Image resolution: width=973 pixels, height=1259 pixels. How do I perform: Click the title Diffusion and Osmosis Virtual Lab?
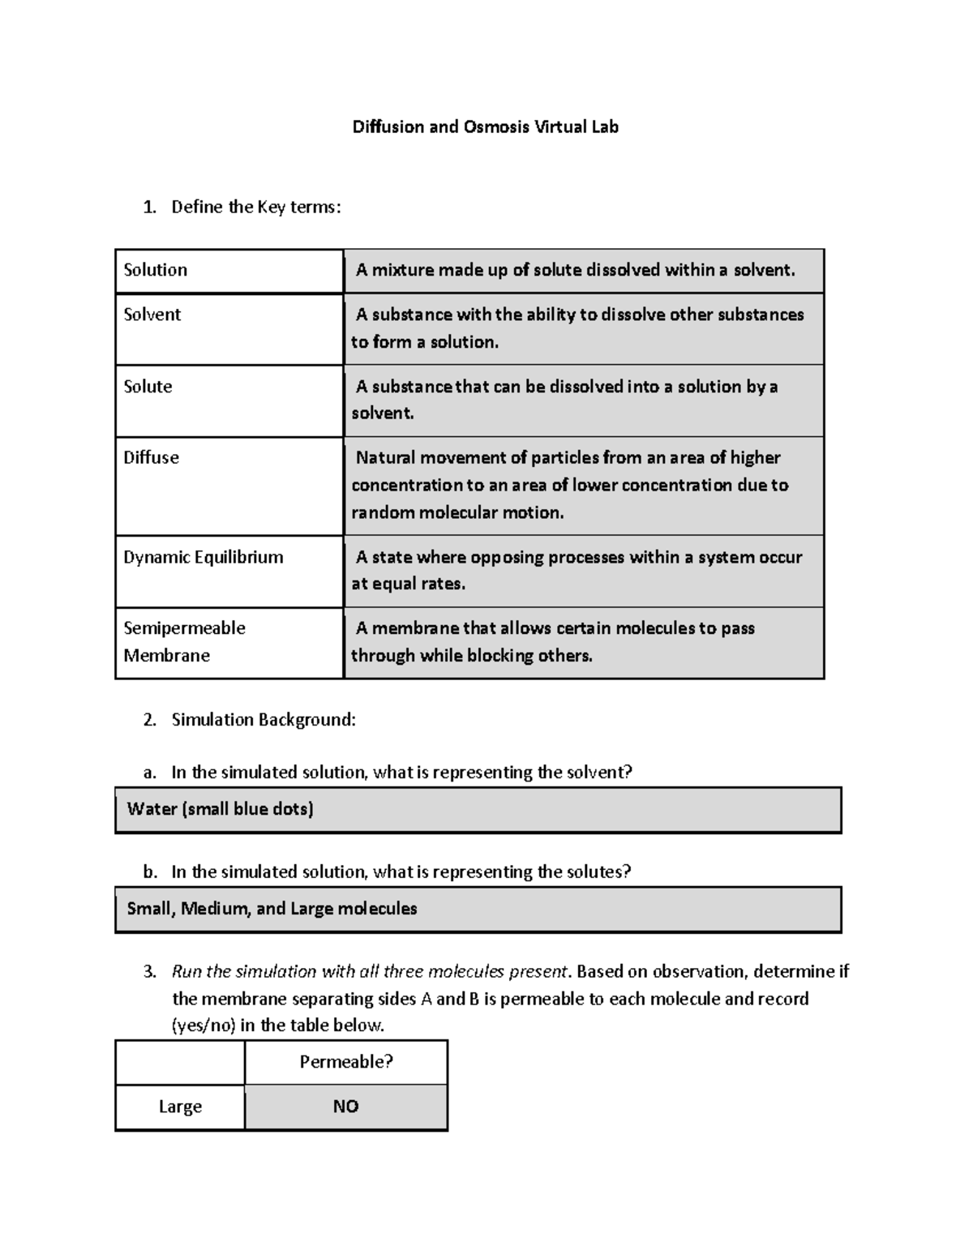point(485,127)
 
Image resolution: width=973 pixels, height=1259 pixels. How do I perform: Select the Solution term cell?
point(229,271)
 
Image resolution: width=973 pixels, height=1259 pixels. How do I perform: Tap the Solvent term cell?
point(229,328)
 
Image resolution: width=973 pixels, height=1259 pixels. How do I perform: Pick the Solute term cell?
point(229,400)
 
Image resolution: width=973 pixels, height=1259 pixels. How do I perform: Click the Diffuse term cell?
point(229,486)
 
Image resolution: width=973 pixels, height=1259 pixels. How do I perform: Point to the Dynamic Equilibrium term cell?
point(229,571)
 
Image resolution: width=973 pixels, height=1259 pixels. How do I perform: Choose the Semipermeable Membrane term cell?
point(229,642)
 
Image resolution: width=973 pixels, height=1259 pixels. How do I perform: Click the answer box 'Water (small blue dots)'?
point(478,809)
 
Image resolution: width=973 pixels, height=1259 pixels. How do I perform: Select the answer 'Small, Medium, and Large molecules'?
point(478,909)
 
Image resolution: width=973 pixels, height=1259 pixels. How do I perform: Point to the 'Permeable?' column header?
point(346,1062)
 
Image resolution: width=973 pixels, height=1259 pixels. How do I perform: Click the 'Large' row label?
point(180,1107)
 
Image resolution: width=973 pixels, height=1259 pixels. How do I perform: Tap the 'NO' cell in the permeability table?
point(346,1107)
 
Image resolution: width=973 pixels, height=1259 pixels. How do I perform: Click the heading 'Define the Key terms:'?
point(256,208)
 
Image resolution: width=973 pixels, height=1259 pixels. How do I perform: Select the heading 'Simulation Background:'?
point(264,720)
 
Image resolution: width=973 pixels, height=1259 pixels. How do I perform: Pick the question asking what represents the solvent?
point(401,773)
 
